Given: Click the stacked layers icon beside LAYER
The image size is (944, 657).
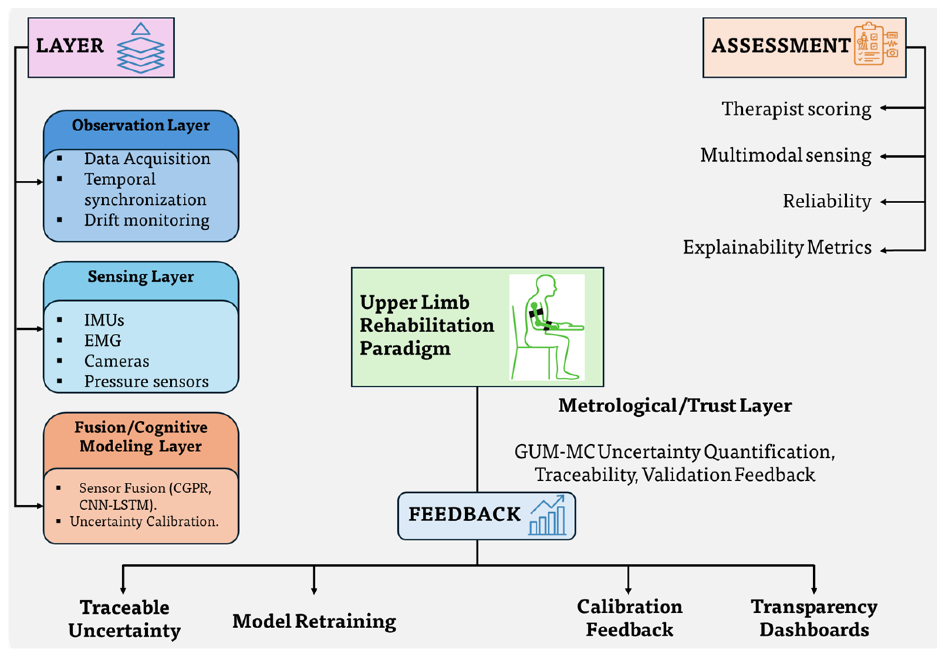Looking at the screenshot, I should [x=141, y=48].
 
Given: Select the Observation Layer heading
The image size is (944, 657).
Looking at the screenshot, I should [x=141, y=125].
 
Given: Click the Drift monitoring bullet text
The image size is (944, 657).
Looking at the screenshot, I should [x=147, y=220].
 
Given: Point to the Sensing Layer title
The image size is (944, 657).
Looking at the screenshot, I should [x=141, y=276].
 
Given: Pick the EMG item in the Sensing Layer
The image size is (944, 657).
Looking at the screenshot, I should [x=103, y=341].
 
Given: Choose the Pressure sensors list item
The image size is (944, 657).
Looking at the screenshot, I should [x=146, y=382].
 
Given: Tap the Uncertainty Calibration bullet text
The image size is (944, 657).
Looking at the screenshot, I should [x=144, y=522].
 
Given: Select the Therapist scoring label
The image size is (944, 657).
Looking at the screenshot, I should [x=796, y=109].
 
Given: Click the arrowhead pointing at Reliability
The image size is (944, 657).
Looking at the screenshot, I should [x=883, y=202].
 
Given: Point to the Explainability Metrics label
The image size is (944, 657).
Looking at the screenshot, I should [x=777, y=248].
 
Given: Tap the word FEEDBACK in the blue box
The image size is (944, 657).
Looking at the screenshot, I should [x=464, y=514].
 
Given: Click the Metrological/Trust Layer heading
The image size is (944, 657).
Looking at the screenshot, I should [x=675, y=406].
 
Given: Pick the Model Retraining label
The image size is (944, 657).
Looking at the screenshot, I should [x=314, y=621].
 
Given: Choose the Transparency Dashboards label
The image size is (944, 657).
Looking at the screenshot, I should [x=814, y=618].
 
